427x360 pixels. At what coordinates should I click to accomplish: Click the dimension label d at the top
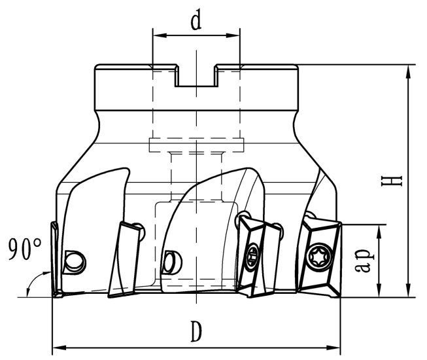point(196,22)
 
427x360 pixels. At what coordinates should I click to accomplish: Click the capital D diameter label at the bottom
point(195,333)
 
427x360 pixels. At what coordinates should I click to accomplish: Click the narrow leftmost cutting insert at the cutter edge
point(55,259)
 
